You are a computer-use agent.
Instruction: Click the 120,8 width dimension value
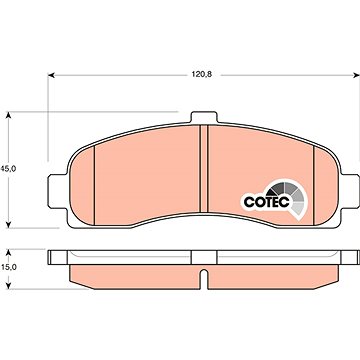click(202, 75)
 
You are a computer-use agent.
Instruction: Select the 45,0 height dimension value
click(8, 169)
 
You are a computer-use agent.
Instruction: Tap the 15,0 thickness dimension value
click(8, 267)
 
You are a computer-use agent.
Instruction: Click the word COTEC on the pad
click(267, 202)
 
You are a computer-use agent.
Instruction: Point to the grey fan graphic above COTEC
click(290, 195)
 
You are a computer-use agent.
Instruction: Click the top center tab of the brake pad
click(204, 117)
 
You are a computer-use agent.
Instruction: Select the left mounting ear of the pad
click(58, 191)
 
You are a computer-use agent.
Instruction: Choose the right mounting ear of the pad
click(350, 191)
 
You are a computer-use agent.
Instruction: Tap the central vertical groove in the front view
click(204, 169)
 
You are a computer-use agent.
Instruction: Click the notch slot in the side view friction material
click(204, 278)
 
